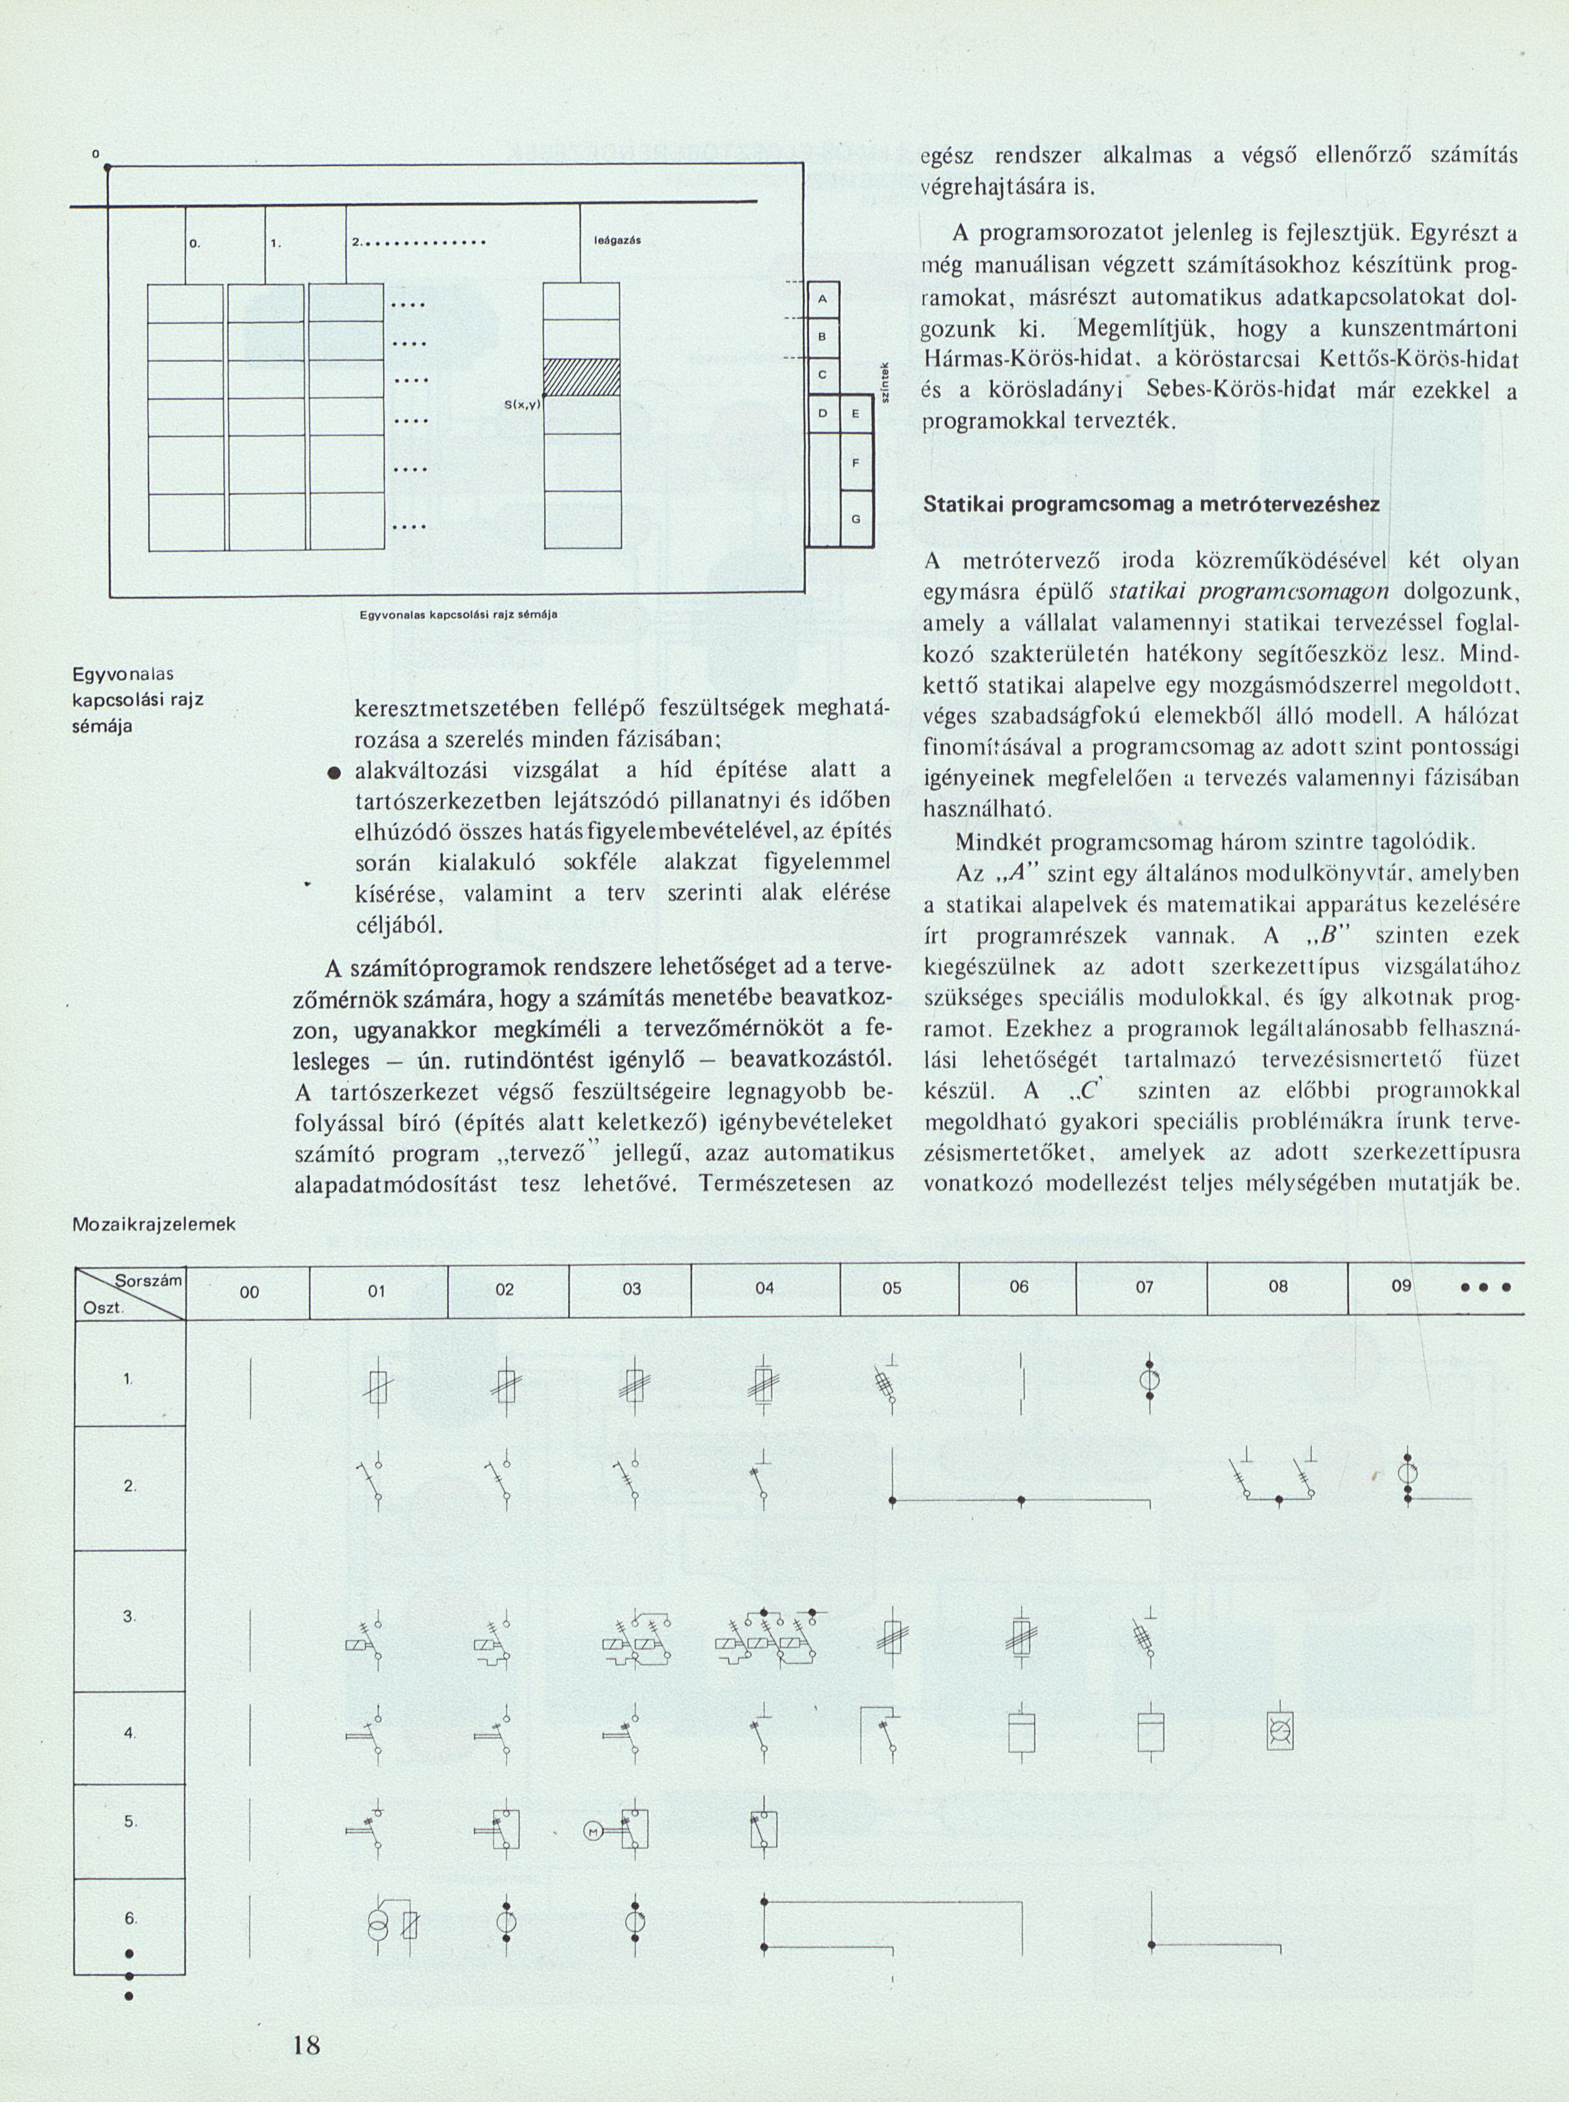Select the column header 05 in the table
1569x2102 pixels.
click(891, 1290)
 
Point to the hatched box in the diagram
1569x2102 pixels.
click(581, 379)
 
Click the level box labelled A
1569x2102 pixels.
click(823, 300)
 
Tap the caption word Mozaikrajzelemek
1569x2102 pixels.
click(154, 1225)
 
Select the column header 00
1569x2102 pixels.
click(249, 1291)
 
